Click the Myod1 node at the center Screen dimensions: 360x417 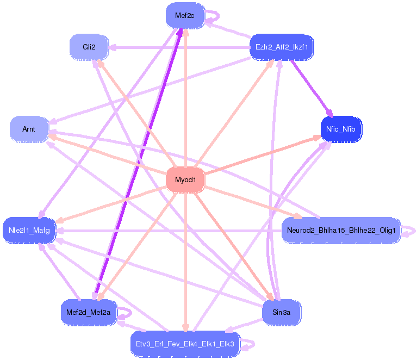click(x=185, y=180)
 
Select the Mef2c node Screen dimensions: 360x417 click(x=185, y=16)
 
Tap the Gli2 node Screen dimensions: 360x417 click(x=89, y=47)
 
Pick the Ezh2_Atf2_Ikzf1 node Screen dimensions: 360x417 click(x=281, y=47)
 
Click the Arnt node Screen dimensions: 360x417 click(x=29, y=129)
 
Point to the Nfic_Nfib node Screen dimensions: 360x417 click(x=341, y=129)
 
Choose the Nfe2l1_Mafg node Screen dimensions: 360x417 click(x=29, y=231)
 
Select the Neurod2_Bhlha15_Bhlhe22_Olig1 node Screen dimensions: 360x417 click(x=341, y=231)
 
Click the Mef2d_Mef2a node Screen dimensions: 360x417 click(x=88, y=312)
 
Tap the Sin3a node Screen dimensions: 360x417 click(x=281, y=312)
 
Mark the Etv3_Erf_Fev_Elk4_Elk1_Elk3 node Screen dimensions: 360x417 click(x=185, y=344)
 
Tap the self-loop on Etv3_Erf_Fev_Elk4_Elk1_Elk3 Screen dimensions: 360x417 click(x=249, y=344)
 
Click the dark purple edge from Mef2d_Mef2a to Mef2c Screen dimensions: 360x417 click(x=138, y=163)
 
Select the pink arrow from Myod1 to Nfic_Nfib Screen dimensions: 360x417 click(x=261, y=158)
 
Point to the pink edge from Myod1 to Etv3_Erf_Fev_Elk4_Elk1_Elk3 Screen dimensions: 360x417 click(x=185, y=261)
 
